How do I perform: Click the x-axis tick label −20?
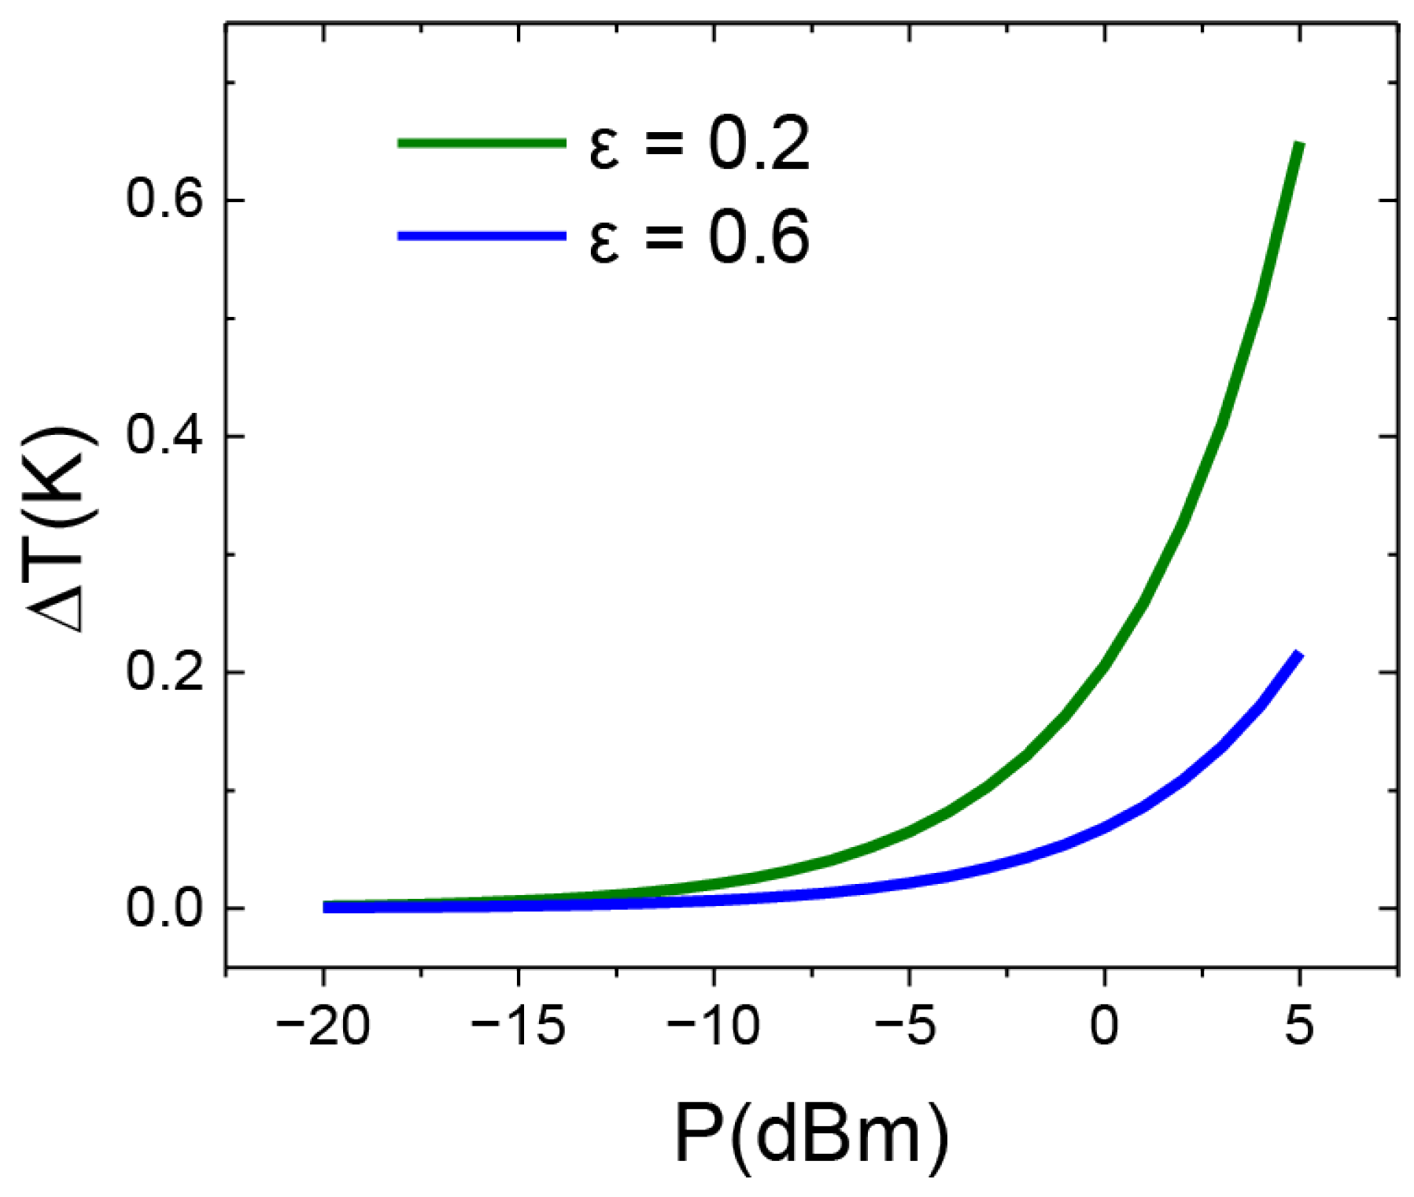coord(323,1027)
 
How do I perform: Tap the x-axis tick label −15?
coord(518,1027)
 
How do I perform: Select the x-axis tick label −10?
coord(713,1027)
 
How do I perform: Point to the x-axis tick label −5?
coord(909,1027)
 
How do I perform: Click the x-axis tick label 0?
coord(1104,1027)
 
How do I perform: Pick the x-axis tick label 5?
coord(1299,1027)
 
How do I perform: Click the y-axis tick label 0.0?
coord(164,908)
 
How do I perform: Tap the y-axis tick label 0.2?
coord(164,672)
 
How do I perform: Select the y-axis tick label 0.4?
coord(164,436)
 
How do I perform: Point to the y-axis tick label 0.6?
coord(164,200)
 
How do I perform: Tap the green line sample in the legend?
coord(482,143)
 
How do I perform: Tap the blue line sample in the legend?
coord(482,236)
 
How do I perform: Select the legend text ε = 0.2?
coord(699,145)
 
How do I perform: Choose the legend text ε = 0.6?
coord(699,238)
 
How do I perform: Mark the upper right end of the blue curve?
coord(1298,654)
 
